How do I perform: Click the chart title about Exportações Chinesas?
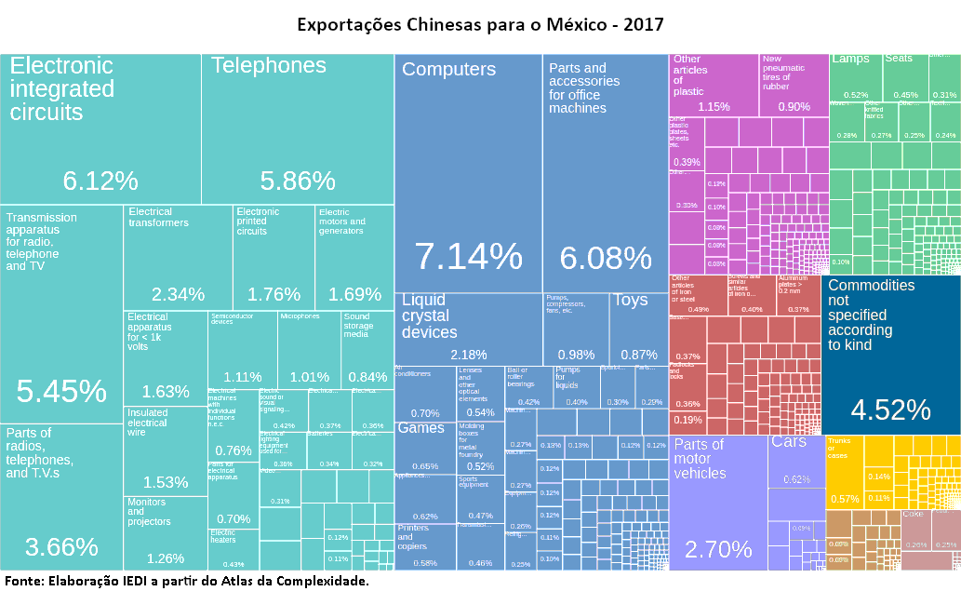click(480, 23)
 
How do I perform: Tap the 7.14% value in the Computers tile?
click(468, 256)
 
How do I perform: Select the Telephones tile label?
click(269, 66)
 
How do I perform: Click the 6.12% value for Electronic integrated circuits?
click(100, 181)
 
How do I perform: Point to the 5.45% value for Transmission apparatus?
click(61, 392)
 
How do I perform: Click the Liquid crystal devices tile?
click(468, 329)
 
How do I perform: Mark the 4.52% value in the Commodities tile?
click(890, 410)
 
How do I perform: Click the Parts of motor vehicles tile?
click(717, 503)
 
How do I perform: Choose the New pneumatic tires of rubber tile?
click(794, 85)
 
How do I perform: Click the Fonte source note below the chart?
click(186, 581)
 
